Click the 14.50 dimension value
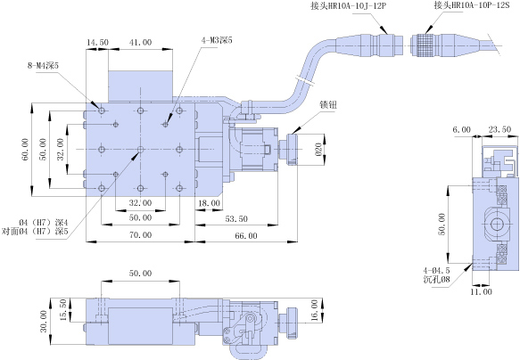(97, 43)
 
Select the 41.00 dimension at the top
(141, 43)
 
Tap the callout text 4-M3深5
(217, 40)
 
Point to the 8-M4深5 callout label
(43, 66)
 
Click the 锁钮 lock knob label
(328, 104)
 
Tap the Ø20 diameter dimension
(318, 150)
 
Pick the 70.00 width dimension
(141, 235)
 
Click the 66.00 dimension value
(246, 235)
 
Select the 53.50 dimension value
(236, 218)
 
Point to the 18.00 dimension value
(209, 202)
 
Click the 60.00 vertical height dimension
(25, 150)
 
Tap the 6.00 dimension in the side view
(462, 129)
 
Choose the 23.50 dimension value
(499, 129)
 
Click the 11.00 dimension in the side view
(481, 291)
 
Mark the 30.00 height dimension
(44, 322)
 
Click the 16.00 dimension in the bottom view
(314, 310)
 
